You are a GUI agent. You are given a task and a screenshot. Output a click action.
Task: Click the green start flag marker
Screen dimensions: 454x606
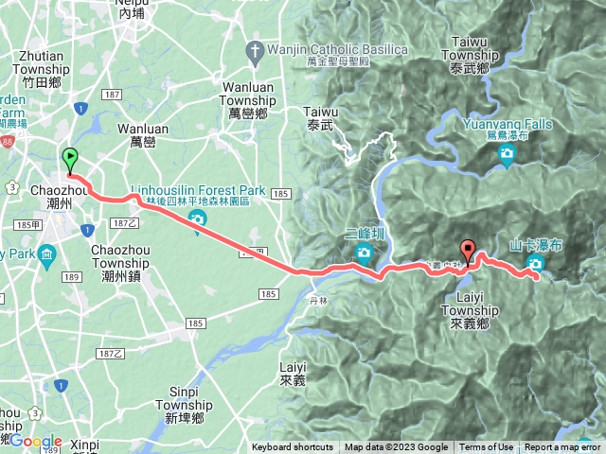pyautogui.click(x=69, y=159)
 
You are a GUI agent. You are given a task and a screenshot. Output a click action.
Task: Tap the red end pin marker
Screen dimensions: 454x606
pyautogui.click(x=468, y=252)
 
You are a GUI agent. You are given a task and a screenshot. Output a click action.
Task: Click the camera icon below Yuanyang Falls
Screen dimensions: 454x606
pyautogui.click(x=507, y=152)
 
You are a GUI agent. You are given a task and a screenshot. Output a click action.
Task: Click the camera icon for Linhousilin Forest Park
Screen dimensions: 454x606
pyautogui.click(x=198, y=221)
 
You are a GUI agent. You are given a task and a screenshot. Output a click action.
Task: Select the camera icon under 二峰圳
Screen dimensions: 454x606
pyautogui.click(x=364, y=252)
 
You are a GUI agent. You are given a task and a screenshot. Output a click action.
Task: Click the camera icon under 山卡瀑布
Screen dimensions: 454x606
pyautogui.click(x=536, y=265)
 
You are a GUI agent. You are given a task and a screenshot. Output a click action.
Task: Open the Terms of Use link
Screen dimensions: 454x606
pyautogui.click(x=487, y=447)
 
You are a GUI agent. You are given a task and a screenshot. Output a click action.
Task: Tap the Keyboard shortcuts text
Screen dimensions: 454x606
pyautogui.click(x=293, y=447)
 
